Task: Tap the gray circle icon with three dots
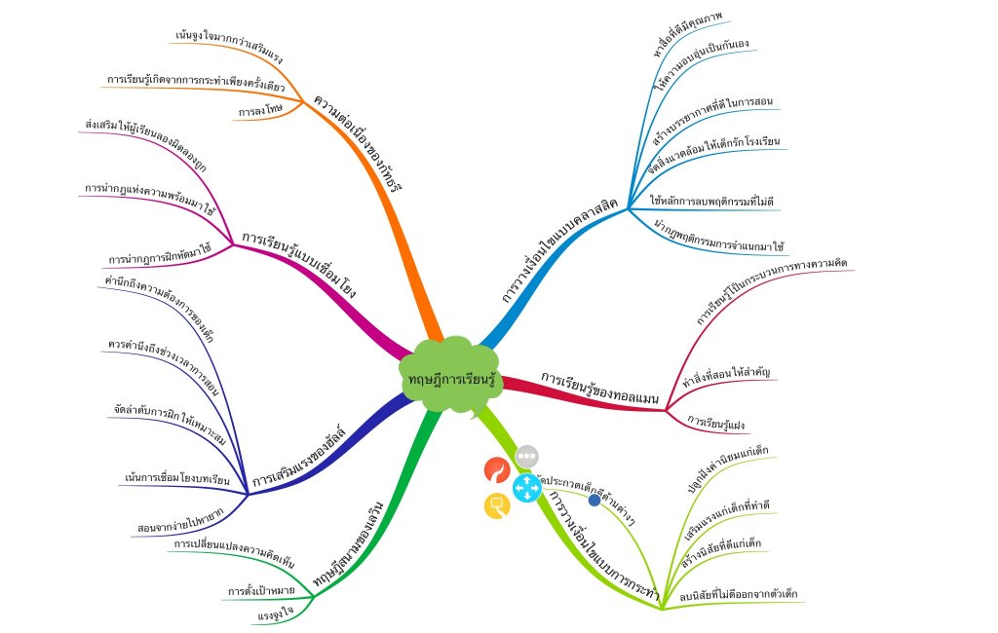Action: (526, 455)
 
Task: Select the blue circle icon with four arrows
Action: (526, 487)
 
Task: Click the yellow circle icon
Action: (497, 505)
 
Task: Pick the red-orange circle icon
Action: (497, 470)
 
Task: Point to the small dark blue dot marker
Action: (595, 500)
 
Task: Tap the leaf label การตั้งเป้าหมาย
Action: (261, 590)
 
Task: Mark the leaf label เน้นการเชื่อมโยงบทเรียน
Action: (176, 479)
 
